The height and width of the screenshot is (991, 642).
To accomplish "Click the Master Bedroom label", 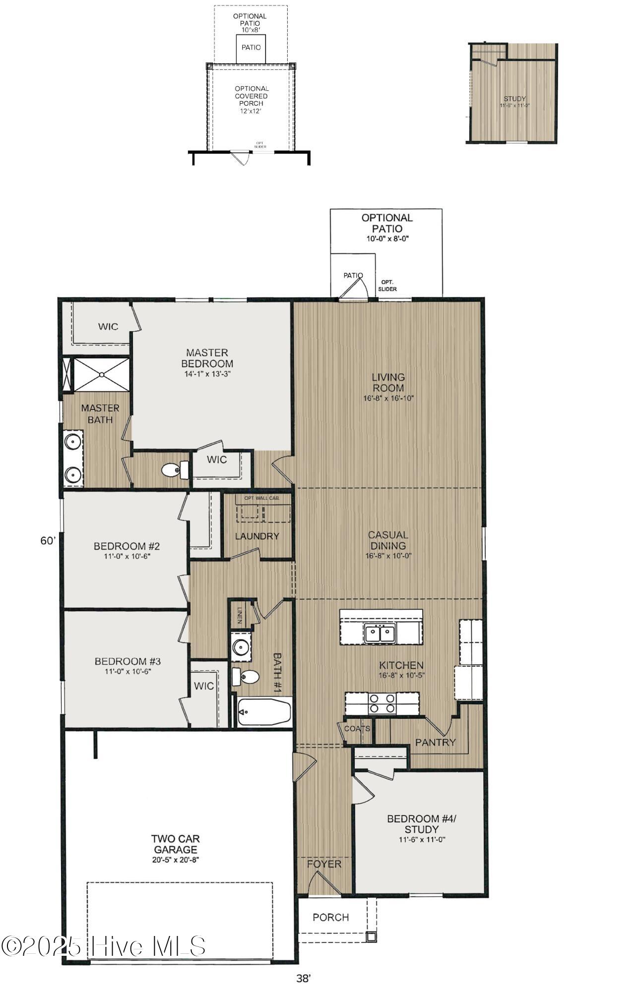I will pyautogui.click(x=207, y=358).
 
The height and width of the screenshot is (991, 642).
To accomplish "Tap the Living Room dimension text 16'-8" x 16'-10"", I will pyautogui.click(x=388, y=398).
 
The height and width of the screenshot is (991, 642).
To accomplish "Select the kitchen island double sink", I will pyautogui.click(x=380, y=634).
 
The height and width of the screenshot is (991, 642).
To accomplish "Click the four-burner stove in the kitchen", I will pyautogui.click(x=383, y=704).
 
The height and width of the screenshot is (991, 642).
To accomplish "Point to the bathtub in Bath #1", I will pyautogui.click(x=263, y=712).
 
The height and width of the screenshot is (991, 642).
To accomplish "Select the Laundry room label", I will pyautogui.click(x=257, y=536).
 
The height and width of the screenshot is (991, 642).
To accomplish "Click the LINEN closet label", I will pyautogui.click(x=240, y=615).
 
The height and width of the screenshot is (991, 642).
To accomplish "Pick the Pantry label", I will pyautogui.click(x=435, y=742).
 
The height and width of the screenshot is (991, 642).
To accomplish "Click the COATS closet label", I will pyautogui.click(x=357, y=728).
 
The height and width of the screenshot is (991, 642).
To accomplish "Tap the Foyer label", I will pyautogui.click(x=324, y=864).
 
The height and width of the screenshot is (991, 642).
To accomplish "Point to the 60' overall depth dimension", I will pyautogui.click(x=48, y=541).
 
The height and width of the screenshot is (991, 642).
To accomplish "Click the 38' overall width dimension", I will pyautogui.click(x=303, y=978).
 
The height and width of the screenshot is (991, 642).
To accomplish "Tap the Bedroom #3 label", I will pyautogui.click(x=128, y=661).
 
